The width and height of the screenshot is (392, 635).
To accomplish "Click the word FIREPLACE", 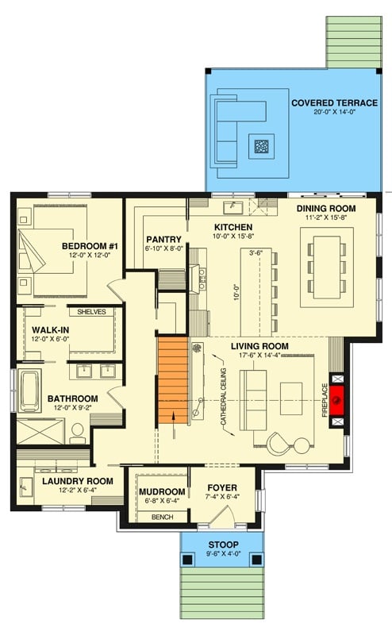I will (325, 402).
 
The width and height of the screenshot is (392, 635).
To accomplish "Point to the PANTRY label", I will (164, 238).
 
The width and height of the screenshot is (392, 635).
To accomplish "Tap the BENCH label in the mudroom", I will (161, 517).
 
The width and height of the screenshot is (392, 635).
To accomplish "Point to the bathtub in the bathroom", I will (30, 391).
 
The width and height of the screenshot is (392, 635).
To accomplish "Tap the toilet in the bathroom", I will (78, 433).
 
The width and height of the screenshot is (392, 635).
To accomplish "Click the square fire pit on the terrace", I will (261, 145).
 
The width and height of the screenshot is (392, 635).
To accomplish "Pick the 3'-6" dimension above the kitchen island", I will (256, 254).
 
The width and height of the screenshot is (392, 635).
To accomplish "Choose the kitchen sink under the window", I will (233, 208).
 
